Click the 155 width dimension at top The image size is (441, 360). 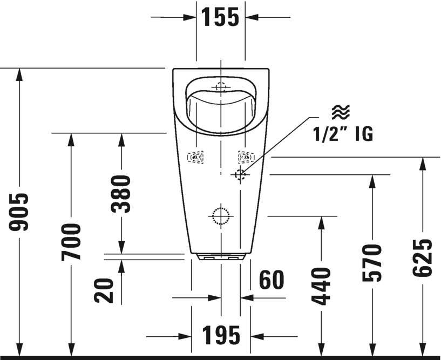pos(220,17)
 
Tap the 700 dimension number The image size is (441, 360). pos(71,241)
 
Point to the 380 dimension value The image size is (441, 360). pos(121,193)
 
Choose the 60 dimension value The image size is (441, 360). pos(272,280)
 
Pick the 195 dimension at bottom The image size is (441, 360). pos(221,336)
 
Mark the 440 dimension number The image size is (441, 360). pos(322,286)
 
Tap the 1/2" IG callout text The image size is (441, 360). pos(343,134)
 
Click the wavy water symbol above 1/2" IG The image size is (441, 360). pos(341,112)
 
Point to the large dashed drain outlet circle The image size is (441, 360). pos(220,216)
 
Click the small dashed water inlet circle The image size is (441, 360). pos(240,174)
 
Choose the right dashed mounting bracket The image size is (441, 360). pos(246,157)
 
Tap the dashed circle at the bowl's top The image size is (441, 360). pos(220,86)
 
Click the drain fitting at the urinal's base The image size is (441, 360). pos(220,257)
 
